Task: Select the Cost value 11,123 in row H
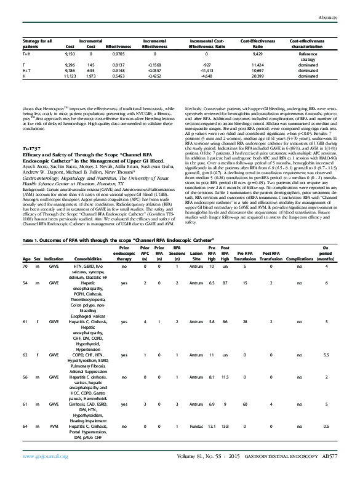click(70, 77)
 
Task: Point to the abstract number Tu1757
click(31, 150)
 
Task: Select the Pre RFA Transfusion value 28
click(244, 321)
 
